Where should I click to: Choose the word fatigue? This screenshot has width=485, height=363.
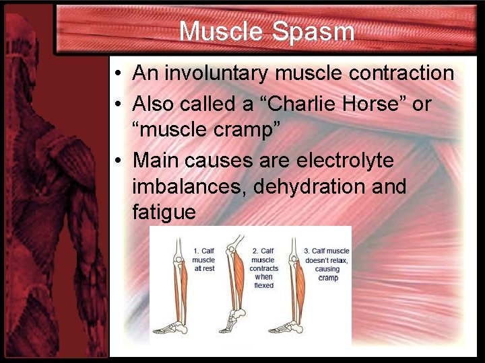[x=164, y=212]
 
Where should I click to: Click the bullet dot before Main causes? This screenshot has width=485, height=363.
[x=117, y=161]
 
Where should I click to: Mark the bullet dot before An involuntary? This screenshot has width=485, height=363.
[x=117, y=73]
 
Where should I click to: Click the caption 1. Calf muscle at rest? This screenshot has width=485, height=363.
[x=203, y=259]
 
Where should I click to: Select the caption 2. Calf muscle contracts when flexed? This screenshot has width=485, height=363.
[x=263, y=268]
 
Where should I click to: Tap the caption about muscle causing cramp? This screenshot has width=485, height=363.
[x=327, y=264]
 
